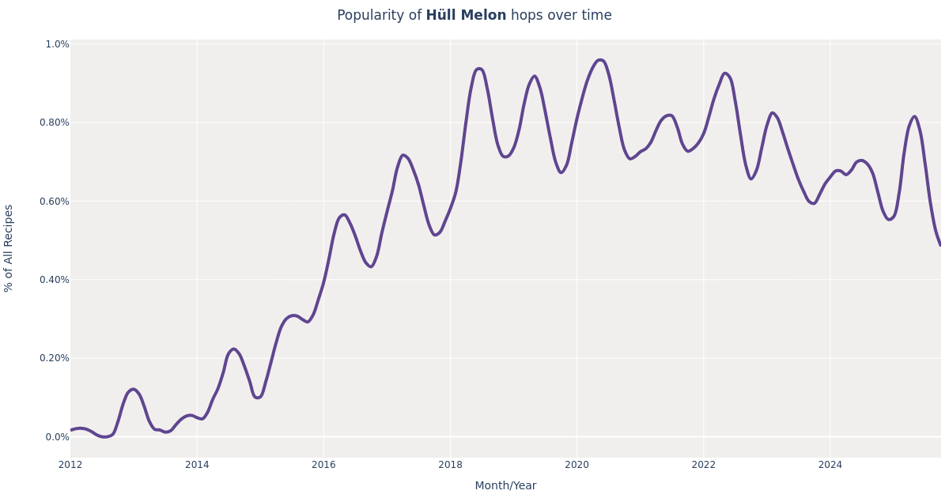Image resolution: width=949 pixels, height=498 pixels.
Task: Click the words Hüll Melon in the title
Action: [x=466, y=16]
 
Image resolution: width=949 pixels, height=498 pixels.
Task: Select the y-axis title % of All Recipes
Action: [x=9, y=248]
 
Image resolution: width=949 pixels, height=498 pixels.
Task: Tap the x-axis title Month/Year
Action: [x=505, y=486]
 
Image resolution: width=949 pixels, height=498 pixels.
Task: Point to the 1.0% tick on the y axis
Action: [x=57, y=44]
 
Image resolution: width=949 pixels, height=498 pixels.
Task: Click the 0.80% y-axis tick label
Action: [x=55, y=123]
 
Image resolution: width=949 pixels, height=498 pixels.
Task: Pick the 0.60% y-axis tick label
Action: [x=55, y=201]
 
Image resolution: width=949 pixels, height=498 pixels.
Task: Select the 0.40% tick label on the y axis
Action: [x=55, y=279]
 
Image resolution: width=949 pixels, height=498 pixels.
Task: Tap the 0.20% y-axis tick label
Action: [x=55, y=357]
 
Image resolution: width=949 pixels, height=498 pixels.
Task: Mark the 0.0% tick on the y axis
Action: [x=57, y=436]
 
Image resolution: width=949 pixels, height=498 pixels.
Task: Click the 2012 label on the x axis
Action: [x=70, y=465]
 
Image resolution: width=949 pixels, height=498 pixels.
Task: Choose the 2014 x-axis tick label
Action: [x=197, y=465]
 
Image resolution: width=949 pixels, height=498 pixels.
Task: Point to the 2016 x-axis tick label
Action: [x=323, y=465]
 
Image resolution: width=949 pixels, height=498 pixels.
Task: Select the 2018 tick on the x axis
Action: [x=450, y=465]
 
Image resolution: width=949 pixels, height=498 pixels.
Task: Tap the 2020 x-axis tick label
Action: [x=577, y=465]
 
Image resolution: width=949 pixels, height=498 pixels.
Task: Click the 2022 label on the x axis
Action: [x=703, y=465]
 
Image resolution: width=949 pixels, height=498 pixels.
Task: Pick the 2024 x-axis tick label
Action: [x=830, y=465]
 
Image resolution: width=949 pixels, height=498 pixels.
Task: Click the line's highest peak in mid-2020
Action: [x=599, y=60]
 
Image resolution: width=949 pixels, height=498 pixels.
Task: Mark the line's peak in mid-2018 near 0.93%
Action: [x=478, y=69]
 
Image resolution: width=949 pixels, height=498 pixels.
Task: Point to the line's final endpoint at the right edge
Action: [x=940, y=244]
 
